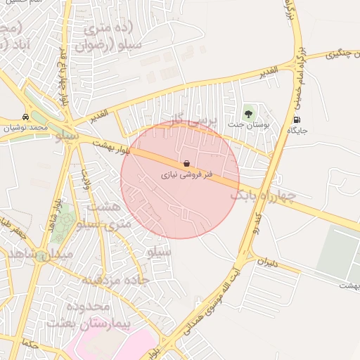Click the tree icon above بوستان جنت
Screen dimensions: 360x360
pyautogui.click(x=247, y=112)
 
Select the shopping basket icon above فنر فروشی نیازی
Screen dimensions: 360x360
pyautogui.click(x=186, y=162)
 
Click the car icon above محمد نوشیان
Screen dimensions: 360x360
pyautogui.click(x=26, y=117)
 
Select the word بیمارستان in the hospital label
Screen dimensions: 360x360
pyautogui.click(x=77, y=323)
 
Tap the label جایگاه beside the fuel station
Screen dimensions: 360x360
pyautogui.click(x=298, y=131)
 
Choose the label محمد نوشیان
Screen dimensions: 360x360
pyautogui.click(x=26, y=129)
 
